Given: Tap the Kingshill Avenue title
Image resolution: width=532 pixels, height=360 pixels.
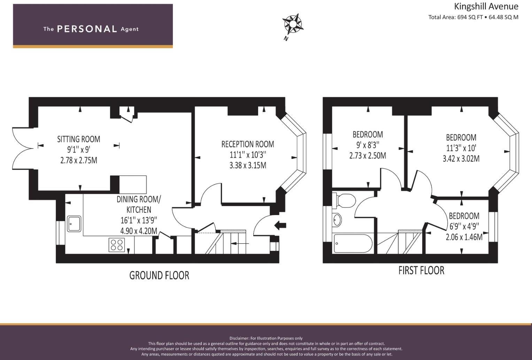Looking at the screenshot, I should coord(486,6).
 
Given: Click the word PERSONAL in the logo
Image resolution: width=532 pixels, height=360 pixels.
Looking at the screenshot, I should coord(87,29).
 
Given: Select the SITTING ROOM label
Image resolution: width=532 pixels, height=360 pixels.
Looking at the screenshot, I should coord(79,139).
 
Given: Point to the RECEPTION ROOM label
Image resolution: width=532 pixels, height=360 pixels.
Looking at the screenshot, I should coord(248,144).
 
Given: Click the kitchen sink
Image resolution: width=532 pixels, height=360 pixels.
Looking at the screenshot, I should coord(74,224).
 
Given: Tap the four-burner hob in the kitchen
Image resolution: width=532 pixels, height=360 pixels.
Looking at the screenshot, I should coord(117,244).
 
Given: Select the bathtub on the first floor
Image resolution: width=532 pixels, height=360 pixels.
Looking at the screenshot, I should coord(353,244).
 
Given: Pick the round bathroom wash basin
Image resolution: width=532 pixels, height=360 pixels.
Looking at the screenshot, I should coord(337,220).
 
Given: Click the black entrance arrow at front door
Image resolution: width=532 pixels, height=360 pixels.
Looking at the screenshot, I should coord(280,225).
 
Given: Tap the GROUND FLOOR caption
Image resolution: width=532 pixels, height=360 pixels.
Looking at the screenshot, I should coord(159,275).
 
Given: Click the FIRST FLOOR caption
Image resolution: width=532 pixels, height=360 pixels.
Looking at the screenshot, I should coord(421,270).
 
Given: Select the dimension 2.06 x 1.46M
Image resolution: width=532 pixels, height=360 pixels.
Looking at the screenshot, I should coord(464,237).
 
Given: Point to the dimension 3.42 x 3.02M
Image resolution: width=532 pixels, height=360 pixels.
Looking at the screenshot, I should coord(461,159).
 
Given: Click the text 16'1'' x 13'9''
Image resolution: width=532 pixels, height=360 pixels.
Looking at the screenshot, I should coord(139,220).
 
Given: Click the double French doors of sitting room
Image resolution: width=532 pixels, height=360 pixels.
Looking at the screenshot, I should coord(23,148).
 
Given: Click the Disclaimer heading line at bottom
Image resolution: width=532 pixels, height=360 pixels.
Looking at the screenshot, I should coord(266,338).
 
